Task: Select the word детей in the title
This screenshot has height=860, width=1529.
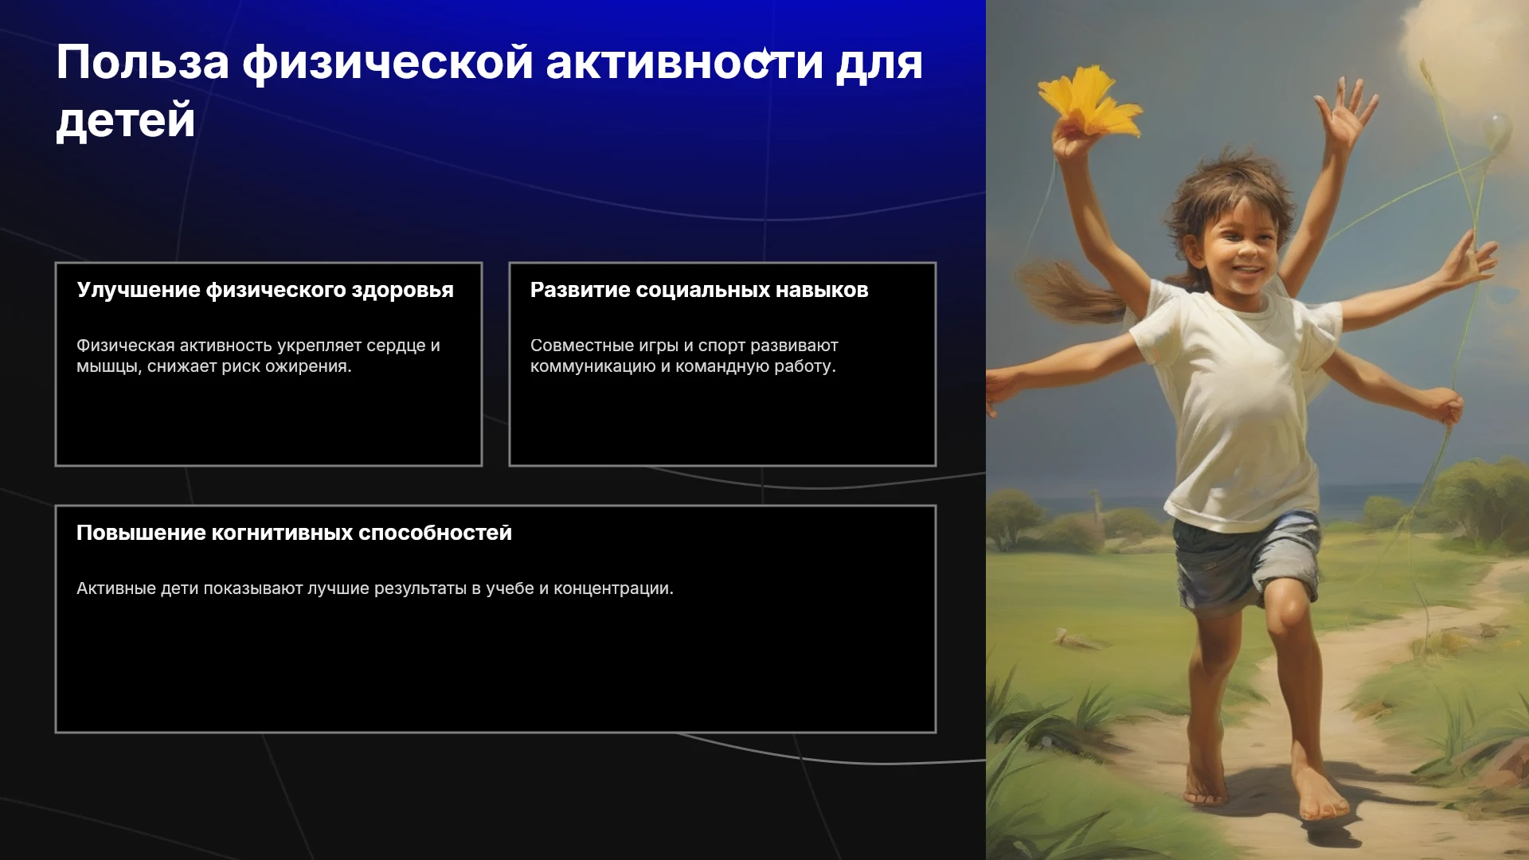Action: (x=126, y=121)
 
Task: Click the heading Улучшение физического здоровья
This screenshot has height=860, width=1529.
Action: (x=265, y=290)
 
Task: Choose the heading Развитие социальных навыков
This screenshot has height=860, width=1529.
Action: (x=699, y=290)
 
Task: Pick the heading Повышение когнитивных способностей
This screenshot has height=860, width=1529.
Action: (x=294, y=533)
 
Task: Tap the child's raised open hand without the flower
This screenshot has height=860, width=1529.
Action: (x=1345, y=111)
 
